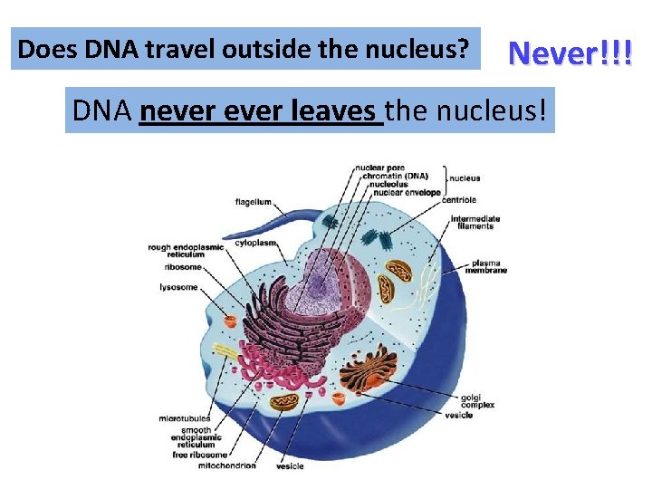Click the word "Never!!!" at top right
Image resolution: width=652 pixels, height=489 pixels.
point(570,53)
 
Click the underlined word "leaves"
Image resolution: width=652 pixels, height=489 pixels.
point(340,110)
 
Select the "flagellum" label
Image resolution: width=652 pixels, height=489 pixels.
point(254,201)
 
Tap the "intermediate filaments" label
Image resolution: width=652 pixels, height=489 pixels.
point(475,222)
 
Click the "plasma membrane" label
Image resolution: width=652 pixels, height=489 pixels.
point(486,266)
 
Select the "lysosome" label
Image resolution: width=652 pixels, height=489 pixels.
point(178,287)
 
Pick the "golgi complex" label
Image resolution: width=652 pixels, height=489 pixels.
point(474,401)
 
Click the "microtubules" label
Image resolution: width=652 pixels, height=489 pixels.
point(185,419)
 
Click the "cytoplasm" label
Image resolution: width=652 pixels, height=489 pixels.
point(255,244)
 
